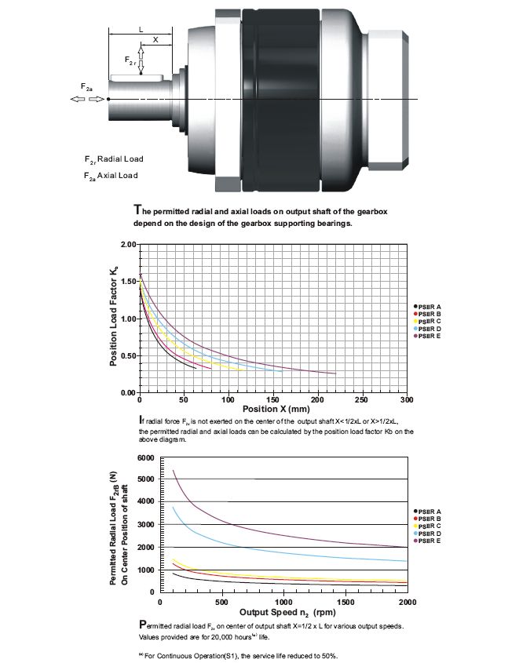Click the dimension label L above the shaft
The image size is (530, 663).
pyautogui.click(x=141, y=30)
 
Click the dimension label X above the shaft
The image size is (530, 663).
pyautogui.click(x=155, y=40)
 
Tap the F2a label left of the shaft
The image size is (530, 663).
pyautogui.click(x=86, y=87)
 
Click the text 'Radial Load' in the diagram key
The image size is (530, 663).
pyautogui.click(x=121, y=159)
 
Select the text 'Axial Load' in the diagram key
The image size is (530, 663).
pyautogui.click(x=118, y=176)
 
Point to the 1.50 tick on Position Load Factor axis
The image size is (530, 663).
pyautogui.click(x=129, y=282)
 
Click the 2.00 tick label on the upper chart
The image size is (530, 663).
pyautogui.click(x=129, y=244)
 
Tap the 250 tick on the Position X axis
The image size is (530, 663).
pyautogui.click(x=361, y=399)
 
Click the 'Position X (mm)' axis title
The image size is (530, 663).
pyautogui.click(x=276, y=409)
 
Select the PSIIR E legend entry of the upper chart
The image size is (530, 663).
pyautogui.click(x=427, y=336)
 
